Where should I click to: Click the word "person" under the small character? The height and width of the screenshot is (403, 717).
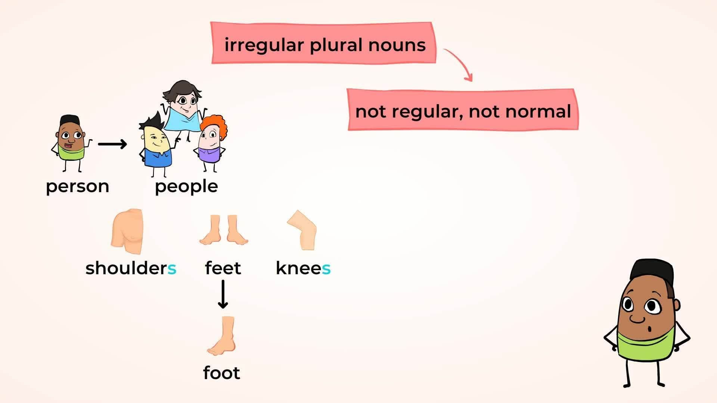pyautogui.click(x=77, y=186)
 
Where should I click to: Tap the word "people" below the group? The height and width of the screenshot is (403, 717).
pyautogui.click(x=186, y=186)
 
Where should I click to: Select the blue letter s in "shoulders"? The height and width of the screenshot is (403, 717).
pyautogui.click(x=172, y=268)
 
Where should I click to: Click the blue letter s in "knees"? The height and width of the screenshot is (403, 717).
pyautogui.click(x=326, y=268)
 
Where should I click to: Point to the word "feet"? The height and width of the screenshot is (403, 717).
pyautogui.click(x=223, y=268)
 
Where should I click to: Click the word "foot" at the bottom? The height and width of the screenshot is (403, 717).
pyautogui.click(x=221, y=373)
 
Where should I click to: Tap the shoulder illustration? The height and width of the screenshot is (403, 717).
pyautogui.click(x=127, y=231)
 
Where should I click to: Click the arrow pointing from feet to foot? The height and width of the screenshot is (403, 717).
pyautogui.click(x=223, y=294)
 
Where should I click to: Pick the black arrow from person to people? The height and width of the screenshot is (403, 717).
pyautogui.click(x=112, y=144)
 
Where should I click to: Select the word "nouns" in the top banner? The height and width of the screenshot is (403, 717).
pyautogui.click(x=397, y=45)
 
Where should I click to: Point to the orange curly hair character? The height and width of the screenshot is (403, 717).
pyautogui.click(x=211, y=140)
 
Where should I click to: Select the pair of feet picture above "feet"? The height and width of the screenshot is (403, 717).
pyautogui.click(x=224, y=230)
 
